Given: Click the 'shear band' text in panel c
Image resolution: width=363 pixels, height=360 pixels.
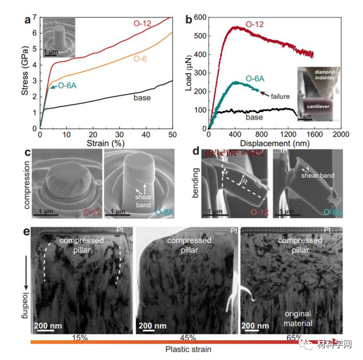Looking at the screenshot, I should pyautogui.click(x=143, y=197).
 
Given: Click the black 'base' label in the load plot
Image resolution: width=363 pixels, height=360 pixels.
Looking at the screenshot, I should pyautogui.click(x=254, y=117).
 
